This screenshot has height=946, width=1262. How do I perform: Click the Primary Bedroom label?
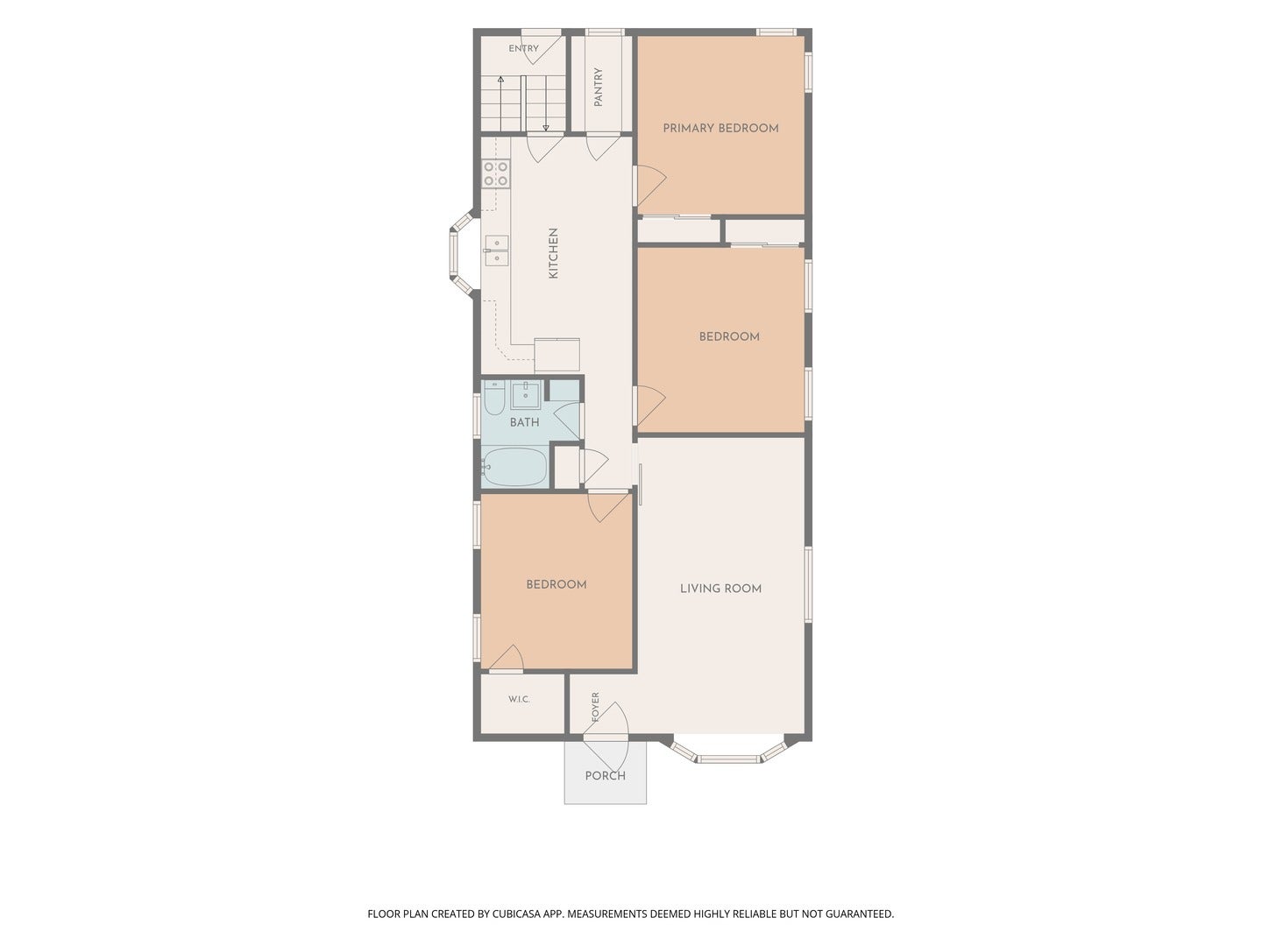720,128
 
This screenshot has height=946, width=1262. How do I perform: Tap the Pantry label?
598,88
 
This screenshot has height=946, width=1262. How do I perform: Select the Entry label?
523,48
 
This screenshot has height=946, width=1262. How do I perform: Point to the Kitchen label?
553,253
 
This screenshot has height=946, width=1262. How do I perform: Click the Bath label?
524,422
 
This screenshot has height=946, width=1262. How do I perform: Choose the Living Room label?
720,588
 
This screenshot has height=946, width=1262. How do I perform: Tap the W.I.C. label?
519,699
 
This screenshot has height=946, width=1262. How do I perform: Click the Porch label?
605,775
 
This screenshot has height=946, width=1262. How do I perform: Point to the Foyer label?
595,707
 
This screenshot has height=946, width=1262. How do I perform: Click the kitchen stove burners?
496,173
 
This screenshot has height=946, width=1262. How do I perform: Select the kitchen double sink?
497,251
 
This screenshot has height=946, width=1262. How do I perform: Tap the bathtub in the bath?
514,467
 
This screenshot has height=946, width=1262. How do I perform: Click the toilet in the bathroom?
494,398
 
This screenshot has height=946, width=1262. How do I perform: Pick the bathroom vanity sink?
526,394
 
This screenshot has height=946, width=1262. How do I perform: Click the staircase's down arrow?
546,103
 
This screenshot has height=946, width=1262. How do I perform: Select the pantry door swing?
604,147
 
